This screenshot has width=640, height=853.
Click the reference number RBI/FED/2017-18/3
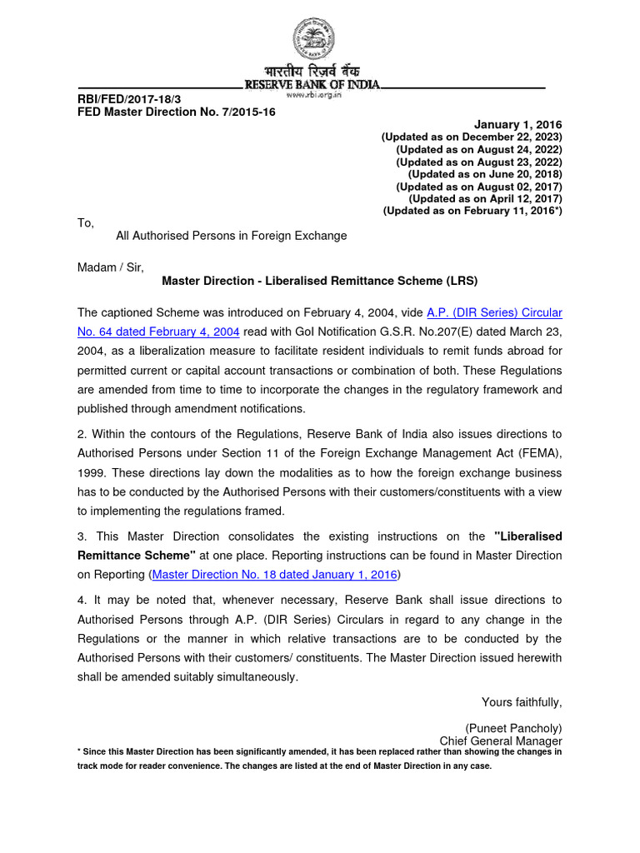click(129, 100)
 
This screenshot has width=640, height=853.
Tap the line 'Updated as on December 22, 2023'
click(472, 137)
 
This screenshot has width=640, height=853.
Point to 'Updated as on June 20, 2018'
click(485, 174)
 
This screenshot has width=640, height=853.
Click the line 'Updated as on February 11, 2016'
click(472, 212)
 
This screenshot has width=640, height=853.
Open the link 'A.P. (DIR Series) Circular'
click(494, 312)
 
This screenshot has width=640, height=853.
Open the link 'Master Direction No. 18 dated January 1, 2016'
click(274, 574)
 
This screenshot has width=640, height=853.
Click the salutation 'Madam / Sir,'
click(111, 267)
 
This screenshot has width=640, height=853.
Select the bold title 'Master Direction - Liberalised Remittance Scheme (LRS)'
click(320, 281)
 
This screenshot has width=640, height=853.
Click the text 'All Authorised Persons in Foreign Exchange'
click(231, 236)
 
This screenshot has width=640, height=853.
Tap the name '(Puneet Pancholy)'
click(513, 728)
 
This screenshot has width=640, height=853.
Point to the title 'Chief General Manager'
click(501, 741)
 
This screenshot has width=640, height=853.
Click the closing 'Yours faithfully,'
click(522, 702)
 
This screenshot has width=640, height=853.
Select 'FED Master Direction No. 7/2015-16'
click(176, 112)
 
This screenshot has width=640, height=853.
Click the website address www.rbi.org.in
click(313, 95)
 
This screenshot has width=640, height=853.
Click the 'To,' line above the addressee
click(86, 223)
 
